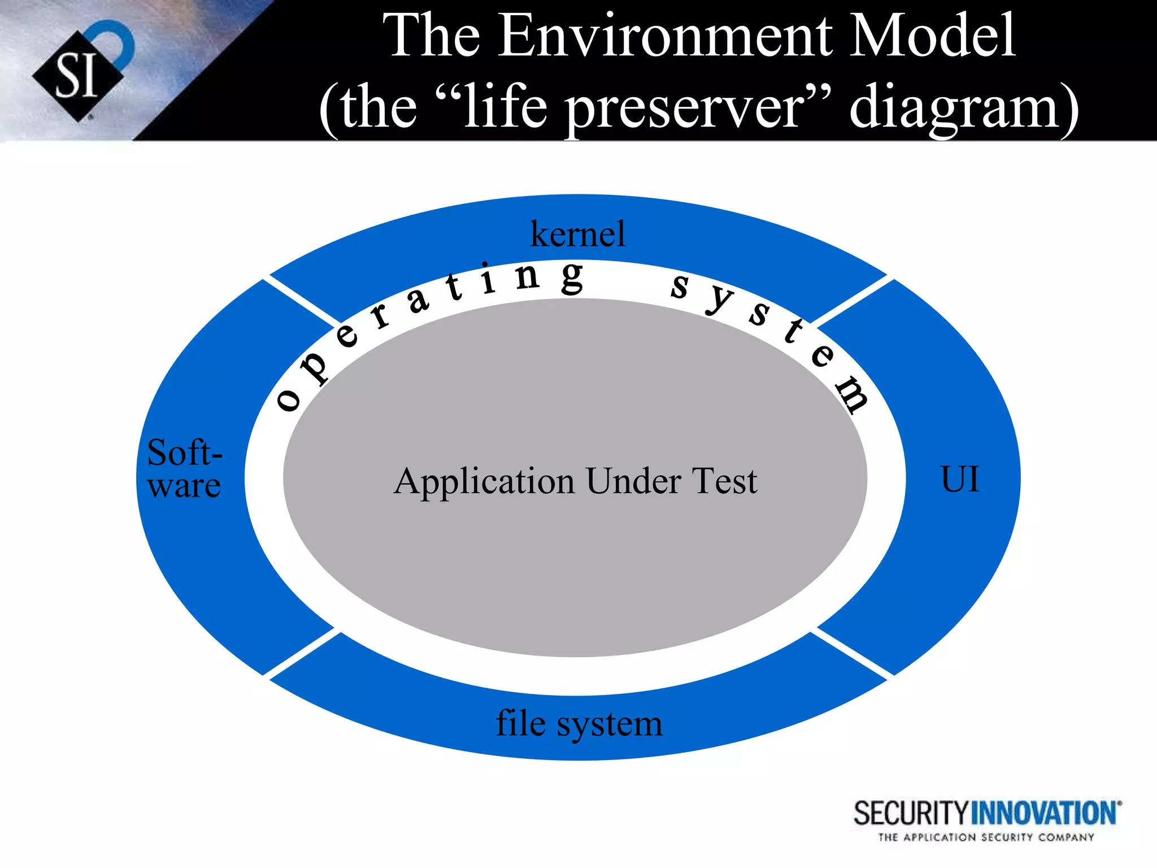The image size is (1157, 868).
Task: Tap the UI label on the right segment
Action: click(959, 479)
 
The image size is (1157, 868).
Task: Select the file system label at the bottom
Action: click(578, 723)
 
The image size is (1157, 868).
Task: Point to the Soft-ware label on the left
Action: click(184, 469)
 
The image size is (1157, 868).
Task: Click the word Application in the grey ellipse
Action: click(484, 482)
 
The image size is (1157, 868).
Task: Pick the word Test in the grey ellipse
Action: click(724, 481)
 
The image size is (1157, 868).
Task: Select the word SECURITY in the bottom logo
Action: click(911, 814)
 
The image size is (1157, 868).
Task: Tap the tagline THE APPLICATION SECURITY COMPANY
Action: click(986, 837)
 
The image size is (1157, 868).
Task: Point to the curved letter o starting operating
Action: click(288, 400)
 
